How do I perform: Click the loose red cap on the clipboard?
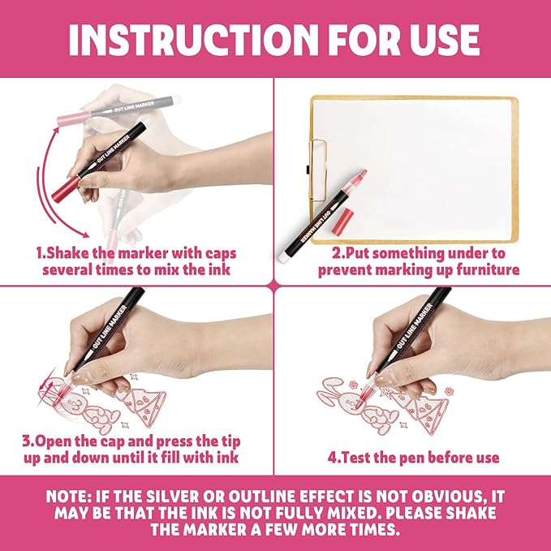pyautogui.click(x=342, y=222)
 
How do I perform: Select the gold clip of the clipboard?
pyautogui.click(x=318, y=170)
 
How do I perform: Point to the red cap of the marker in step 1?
pyautogui.click(x=66, y=190)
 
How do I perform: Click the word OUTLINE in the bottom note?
pyautogui.click(x=262, y=497)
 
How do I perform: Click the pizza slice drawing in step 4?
pyautogui.click(x=422, y=412)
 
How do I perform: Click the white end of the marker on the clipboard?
pyautogui.click(x=284, y=258)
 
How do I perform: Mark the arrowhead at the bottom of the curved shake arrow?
pyautogui.click(x=84, y=235)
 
